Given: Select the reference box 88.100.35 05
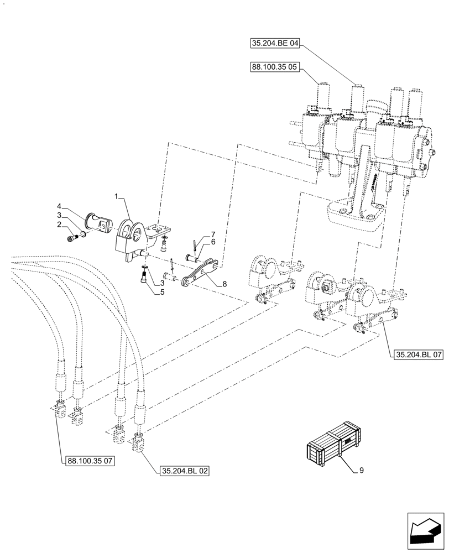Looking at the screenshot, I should [275, 68].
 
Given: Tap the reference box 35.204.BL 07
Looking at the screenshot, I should [419, 354].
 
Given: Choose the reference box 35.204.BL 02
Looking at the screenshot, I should [185, 471].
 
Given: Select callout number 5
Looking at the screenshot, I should [162, 292].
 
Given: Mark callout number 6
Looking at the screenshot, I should [212, 242].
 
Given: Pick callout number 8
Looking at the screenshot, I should [224, 284].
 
